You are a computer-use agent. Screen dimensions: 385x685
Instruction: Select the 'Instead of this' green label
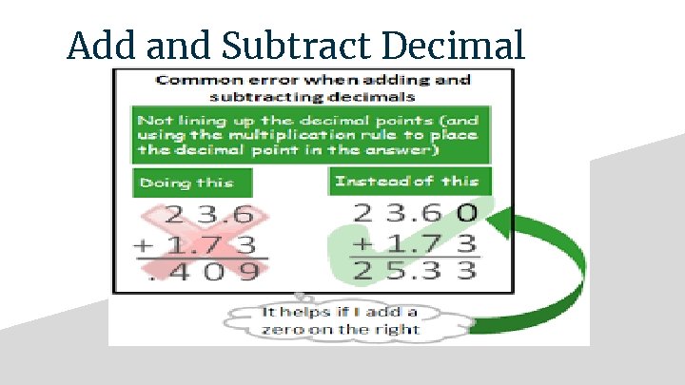tap(406, 180)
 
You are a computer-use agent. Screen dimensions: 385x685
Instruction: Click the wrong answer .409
tap(200, 273)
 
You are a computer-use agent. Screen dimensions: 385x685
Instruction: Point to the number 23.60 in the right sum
tap(414, 214)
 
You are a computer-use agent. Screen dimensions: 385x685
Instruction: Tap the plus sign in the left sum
tap(143, 244)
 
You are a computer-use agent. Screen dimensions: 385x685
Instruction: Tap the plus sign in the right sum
tap(361, 244)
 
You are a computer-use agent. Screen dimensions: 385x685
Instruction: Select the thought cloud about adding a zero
tap(353, 321)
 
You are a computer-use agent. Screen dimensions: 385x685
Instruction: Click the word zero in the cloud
tap(282, 330)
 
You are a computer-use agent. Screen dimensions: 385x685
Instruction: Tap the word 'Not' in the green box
tap(152, 121)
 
